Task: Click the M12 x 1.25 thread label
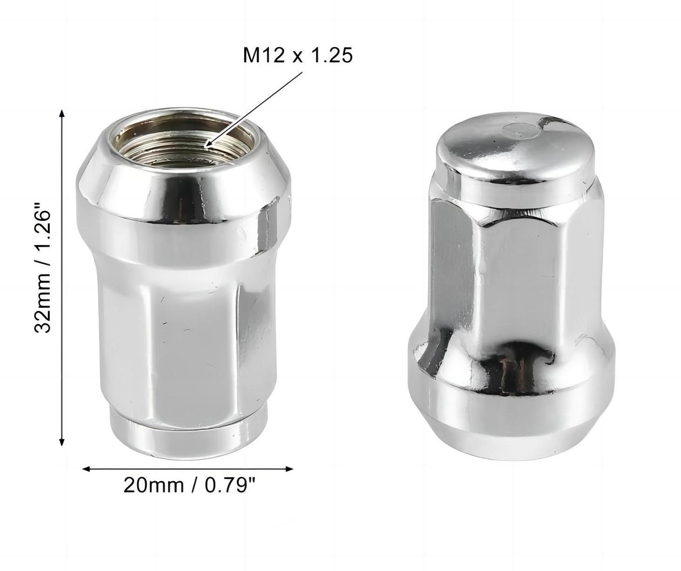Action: point(298,55)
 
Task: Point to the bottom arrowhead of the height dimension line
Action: point(62,441)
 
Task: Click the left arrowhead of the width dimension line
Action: point(87,469)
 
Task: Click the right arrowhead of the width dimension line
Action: point(289,469)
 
